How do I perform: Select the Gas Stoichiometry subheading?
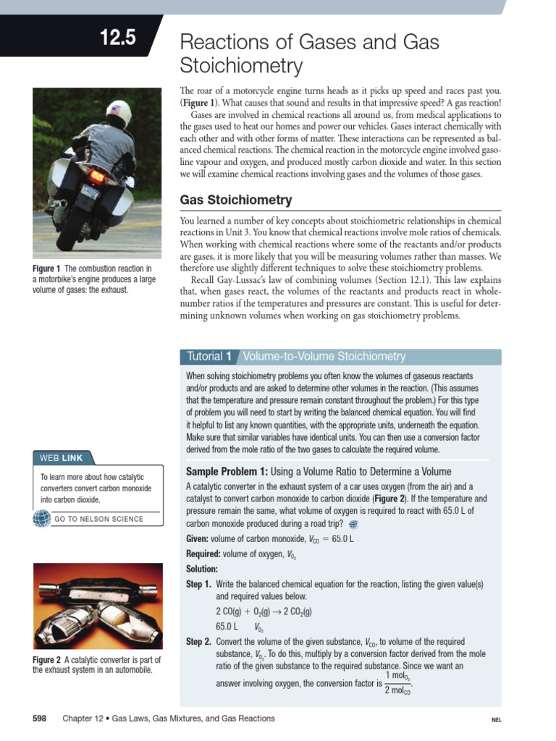point(236,200)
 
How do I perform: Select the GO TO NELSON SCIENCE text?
point(98,519)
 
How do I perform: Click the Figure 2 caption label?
point(47,660)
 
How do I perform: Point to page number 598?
point(40,719)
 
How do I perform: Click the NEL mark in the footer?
point(496,721)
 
